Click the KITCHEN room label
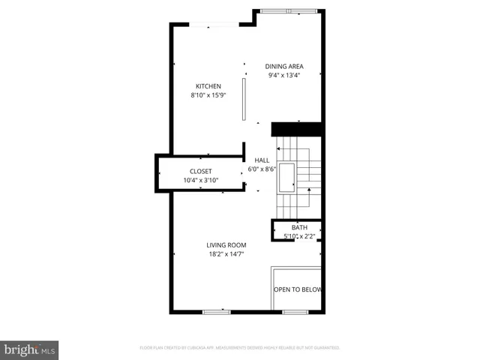tap(208, 86)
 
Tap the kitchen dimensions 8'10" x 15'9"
tap(208, 95)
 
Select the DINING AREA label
tap(284, 66)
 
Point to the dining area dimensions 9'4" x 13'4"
tap(284, 75)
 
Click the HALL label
tap(262, 160)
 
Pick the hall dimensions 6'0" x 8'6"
tap(262, 169)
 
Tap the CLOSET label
tap(200, 171)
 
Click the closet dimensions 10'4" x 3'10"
tap(200, 180)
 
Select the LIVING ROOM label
tap(226, 245)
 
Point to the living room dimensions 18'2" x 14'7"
tap(226, 254)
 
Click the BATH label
tap(299, 228)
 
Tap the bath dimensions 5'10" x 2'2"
tap(299, 236)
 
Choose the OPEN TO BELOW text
tap(297, 289)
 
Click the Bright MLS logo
tap(30, 349)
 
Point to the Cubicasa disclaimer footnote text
tap(240, 348)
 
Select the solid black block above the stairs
tap(296, 129)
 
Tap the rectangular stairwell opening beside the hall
tap(287, 177)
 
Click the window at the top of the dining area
tap(288, 11)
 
